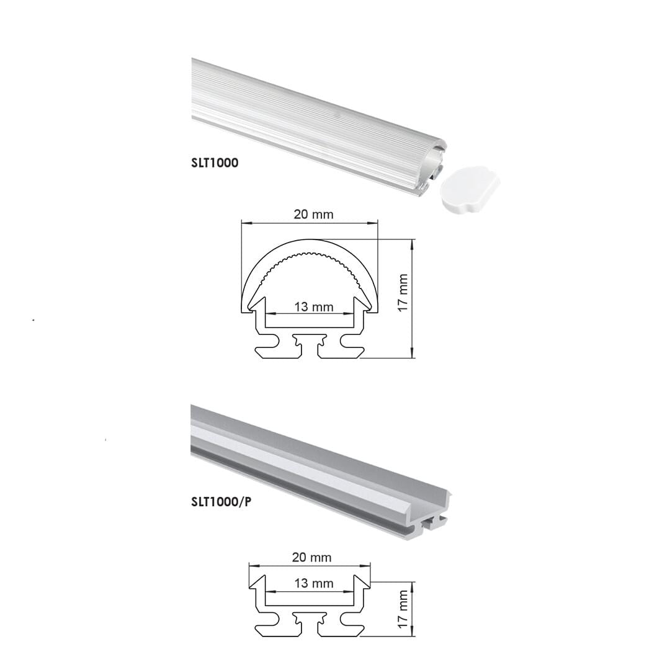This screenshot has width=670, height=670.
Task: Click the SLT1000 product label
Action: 215,163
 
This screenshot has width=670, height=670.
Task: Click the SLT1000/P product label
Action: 221,502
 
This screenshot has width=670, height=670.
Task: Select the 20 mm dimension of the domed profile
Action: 313,214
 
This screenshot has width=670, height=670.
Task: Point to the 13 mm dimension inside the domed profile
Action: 313,306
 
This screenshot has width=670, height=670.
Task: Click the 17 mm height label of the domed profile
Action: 403,293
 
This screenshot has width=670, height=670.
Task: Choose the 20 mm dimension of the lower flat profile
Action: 311,557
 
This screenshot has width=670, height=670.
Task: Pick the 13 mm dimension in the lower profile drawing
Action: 313,583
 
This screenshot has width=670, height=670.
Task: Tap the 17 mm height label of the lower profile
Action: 403,609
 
